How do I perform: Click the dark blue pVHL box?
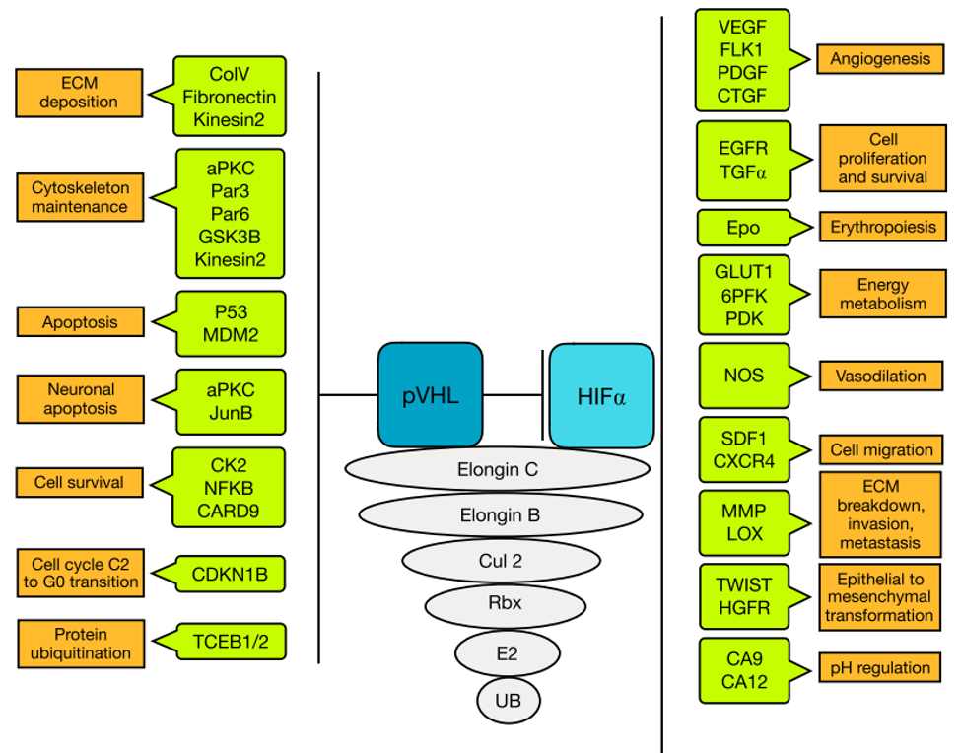(429, 395)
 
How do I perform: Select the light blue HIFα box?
(601, 395)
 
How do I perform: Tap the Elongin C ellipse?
(498, 470)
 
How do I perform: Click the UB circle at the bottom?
(508, 702)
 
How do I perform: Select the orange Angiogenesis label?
(879, 59)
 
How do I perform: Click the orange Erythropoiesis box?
(882, 228)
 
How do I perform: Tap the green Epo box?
(744, 228)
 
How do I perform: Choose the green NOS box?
(744, 376)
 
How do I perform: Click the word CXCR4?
(743, 459)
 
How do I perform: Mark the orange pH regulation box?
(879, 668)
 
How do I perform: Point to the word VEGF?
(743, 28)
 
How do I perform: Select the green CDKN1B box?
(231, 575)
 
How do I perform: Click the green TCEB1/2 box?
(231, 643)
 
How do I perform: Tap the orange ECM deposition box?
(79, 93)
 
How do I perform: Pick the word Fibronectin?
(230, 97)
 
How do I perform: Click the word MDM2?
(231, 335)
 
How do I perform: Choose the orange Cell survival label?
(79, 483)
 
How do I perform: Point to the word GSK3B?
(230, 239)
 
